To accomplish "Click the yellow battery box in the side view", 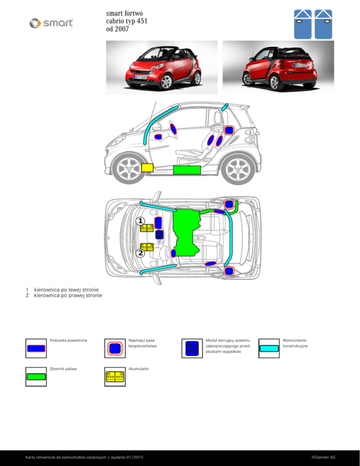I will (147, 167).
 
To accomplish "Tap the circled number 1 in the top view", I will (141, 220).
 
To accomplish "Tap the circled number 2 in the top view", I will (141, 253).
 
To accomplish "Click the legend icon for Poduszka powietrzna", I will (36, 348).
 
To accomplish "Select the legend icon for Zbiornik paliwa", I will (36, 376).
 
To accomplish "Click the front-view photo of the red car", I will (161, 66).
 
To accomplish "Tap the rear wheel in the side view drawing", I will (236, 169).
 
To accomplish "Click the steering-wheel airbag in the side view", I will (158, 136).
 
